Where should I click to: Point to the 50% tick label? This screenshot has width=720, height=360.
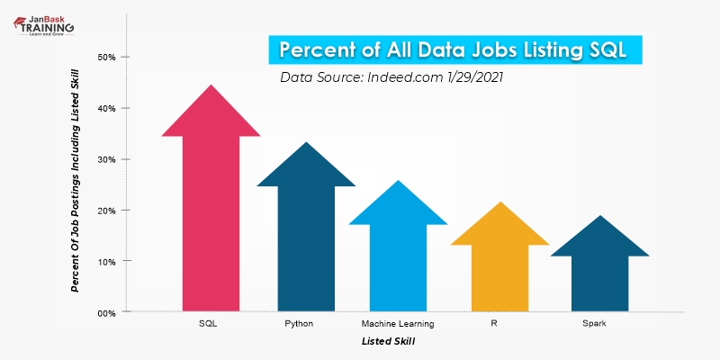[106, 58]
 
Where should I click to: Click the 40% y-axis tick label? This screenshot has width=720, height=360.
[106, 109]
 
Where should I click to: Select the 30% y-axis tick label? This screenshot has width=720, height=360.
[106, 159]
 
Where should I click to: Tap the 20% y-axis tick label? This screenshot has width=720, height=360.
[106, 211]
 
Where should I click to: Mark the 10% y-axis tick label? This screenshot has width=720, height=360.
[106, 261]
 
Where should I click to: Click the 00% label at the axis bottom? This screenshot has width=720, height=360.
[106, 312]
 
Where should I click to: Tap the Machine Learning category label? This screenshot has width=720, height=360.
[398, 323]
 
